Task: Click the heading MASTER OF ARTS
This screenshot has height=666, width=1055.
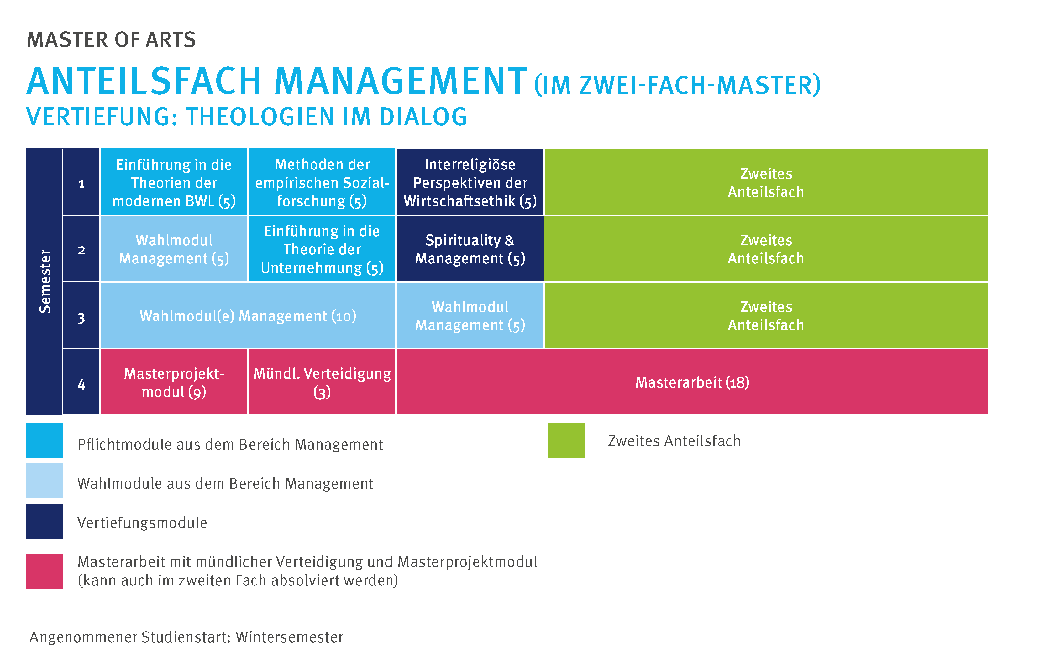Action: coord(111,40)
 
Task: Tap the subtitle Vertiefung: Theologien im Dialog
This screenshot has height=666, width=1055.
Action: coord(247,117)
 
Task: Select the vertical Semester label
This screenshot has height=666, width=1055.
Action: coord(45,281)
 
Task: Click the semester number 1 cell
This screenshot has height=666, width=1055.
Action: coord(81,182)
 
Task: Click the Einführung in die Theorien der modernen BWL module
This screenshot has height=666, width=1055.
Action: coord(174,182)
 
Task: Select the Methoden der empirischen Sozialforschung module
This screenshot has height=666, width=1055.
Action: coord(322,182)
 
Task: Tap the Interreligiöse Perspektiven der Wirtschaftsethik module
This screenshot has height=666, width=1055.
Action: coord(470,182)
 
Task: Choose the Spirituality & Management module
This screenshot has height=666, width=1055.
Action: coord(470,249)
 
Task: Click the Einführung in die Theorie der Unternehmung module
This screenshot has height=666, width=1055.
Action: coord(322,249)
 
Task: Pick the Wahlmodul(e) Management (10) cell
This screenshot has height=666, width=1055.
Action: coord(248,315)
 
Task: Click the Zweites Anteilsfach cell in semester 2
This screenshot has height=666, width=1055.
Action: coord(766,249)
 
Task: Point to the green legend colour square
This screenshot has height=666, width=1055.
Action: coord(566,440)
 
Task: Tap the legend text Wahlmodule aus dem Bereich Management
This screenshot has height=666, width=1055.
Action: coord(225,483)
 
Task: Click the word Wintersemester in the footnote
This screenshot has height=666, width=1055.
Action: coord(290,637)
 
